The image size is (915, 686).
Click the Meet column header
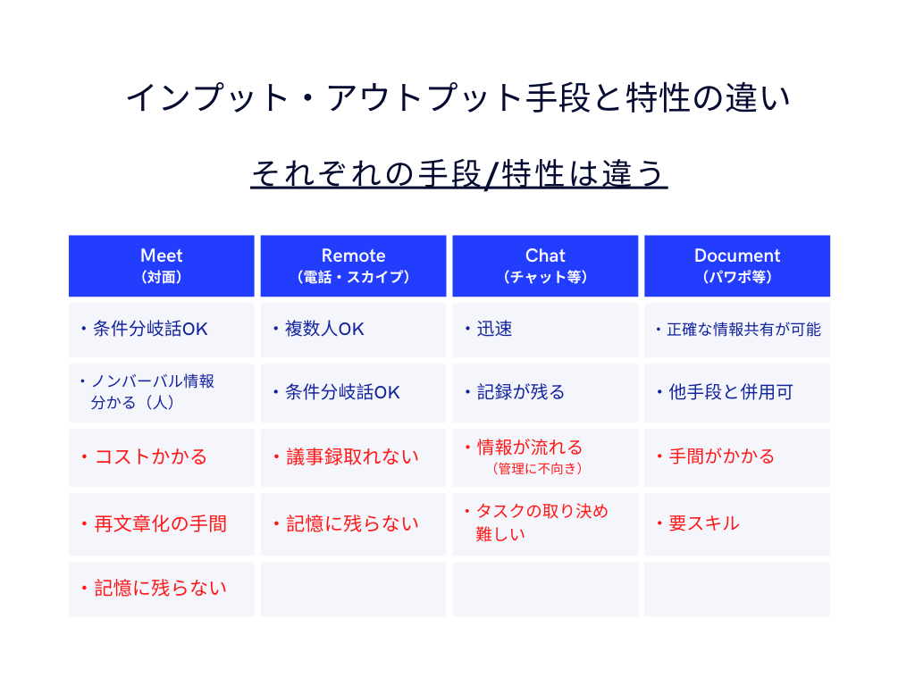pos(162,265)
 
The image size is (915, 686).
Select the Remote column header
pos(353,265)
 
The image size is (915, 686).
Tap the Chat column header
pos(545,265)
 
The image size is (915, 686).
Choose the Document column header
pos(737,265)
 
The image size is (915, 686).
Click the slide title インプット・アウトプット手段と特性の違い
pos(458,97)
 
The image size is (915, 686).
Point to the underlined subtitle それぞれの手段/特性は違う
pos(458,173)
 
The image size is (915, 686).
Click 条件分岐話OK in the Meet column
pos(150,329)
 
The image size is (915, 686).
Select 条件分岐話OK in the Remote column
pos(342,392)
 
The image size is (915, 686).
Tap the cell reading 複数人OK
pos(324,329)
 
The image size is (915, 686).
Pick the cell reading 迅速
pos(494,329)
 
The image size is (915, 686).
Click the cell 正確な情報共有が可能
pos(743,330)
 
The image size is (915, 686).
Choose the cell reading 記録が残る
pos(521,392)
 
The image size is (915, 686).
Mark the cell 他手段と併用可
pos(731,392)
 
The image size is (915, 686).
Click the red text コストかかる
pos(150,456)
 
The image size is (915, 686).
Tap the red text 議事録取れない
pos(352,456)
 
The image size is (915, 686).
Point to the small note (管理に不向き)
pos(537,468)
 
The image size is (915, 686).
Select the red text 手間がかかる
pos(721,456)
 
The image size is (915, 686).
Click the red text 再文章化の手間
pos(161,523)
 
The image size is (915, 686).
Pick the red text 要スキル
pos(704,523)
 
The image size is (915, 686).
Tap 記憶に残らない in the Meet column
pos(161,588)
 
